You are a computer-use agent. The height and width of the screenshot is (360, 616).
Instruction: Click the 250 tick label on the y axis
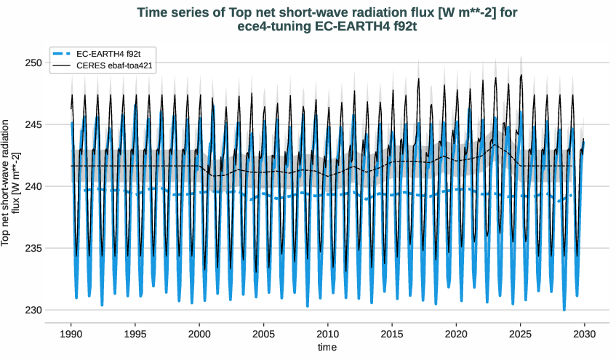[x=33, y=63]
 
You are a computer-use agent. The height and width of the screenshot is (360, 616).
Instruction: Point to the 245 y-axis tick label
[x=33, y=124]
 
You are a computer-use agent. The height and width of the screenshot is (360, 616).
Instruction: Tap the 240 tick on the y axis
[x=33, y=186]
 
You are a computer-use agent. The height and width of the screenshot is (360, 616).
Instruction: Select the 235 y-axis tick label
[x=33, y=248]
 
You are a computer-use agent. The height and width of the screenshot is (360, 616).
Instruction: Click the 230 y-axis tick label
[x=33, y=310]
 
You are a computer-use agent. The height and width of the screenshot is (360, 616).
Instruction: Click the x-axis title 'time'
[x=327, y=348]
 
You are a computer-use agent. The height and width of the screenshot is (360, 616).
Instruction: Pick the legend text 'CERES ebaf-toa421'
[x=113, y=65]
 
